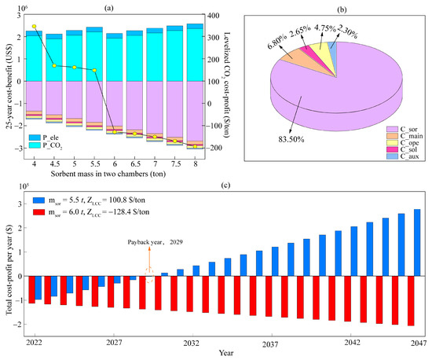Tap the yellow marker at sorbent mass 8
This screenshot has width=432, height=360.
[x=195, y=146]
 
